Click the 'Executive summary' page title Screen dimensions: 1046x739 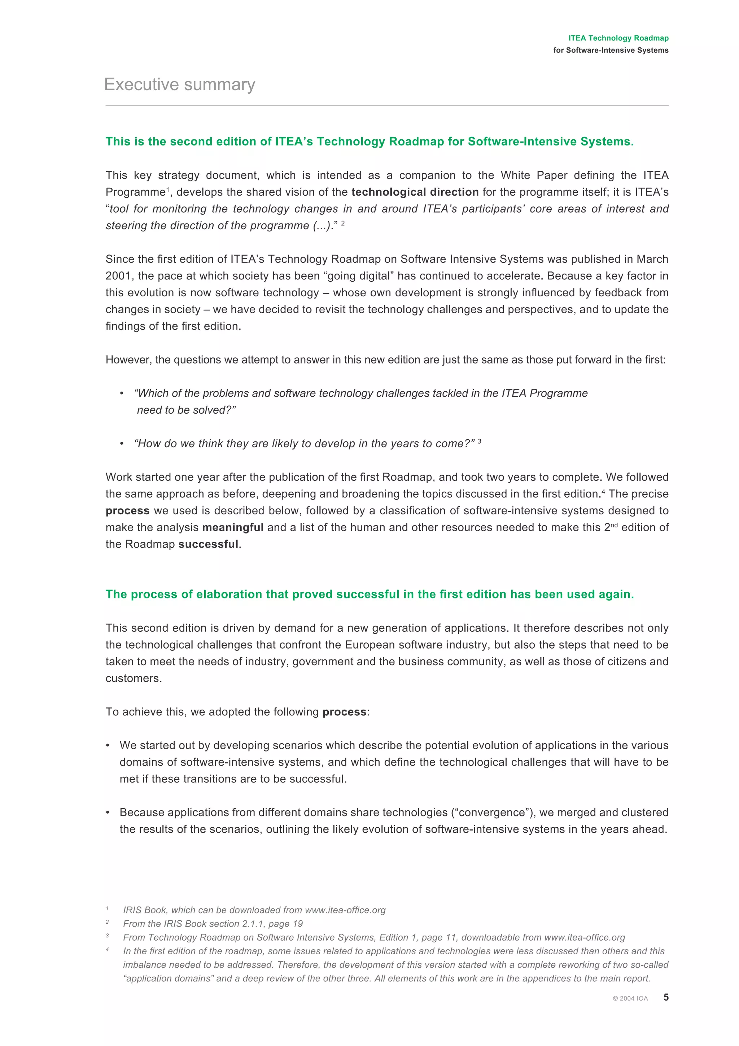[x=179, y=85]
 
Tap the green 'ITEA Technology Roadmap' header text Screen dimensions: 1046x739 [x=618, y=38]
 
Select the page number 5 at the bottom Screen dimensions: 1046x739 [x=666, y=997]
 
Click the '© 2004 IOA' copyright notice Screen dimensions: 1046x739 [x=630, y=998]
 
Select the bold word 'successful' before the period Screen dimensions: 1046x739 [x=208, y=544]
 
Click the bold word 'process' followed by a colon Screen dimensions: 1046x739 [x=344, y=712]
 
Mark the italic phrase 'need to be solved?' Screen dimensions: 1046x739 [x=186, y=410]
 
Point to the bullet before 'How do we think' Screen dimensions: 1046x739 [x=122, y=444]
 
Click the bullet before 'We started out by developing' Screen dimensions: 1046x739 [x=108, y=745]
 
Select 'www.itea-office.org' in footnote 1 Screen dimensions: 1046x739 [x=345, y=910]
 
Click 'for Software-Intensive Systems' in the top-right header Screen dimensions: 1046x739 [x=611, y=50]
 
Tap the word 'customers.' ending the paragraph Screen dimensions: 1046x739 [x=134, y=678]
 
